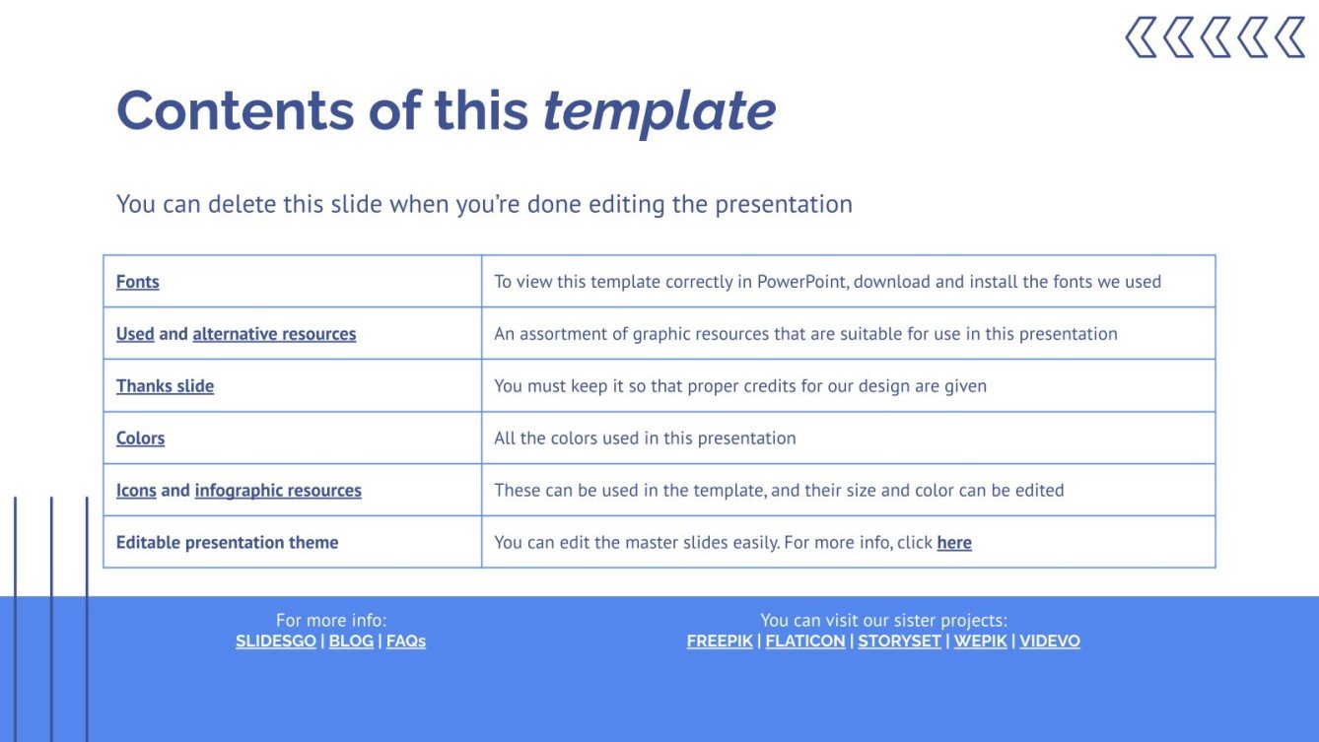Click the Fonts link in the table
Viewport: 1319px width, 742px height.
[x=137, y=282]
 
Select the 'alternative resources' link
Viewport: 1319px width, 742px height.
[x=274, y=334]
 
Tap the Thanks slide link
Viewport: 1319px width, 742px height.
[x=165, y=386]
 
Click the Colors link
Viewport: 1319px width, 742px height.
[x=140, y=438]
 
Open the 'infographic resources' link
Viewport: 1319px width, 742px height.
[x=278, y=491]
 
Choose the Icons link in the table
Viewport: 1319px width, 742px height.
[x=136, y=491]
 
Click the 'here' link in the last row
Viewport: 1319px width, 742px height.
[x=954, y=543]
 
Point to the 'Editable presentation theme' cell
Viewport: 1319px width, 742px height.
[x=227, y=543]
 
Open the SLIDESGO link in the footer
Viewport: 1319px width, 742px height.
[x=276, y=641]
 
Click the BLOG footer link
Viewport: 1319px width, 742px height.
[x=351, y=641]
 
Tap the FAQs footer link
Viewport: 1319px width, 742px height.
[x=406, y=641]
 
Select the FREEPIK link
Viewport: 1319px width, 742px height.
[x=720, y=641]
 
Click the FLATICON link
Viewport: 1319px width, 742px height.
[x=805, y=641]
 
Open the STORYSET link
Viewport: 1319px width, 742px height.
[x=899, y=641]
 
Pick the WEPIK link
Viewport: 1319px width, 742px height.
[x=980, y=641]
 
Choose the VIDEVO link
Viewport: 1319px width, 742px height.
[x=1050, y=641]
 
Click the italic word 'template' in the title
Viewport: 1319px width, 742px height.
[x=659, y=110]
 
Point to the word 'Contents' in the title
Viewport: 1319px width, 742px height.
[x=235, y=110]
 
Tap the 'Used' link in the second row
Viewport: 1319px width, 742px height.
[x=135, y=334]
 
